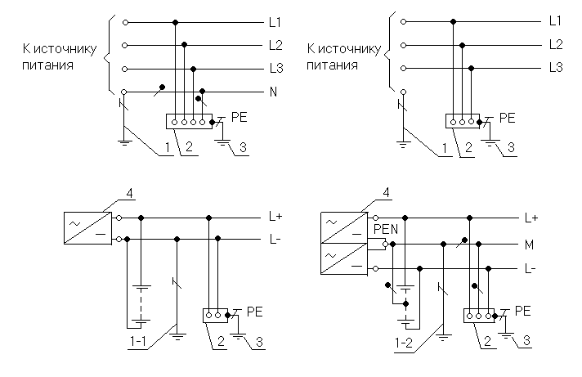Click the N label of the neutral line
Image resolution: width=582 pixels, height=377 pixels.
(x=273, y=92)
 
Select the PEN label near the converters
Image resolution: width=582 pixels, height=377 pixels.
(x=385, y=231)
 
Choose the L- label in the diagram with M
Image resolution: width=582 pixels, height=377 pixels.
(x=531, y=268)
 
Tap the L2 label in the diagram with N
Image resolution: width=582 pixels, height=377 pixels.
(x=275, y=43)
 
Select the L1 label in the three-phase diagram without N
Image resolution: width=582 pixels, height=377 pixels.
(x=556, y=20)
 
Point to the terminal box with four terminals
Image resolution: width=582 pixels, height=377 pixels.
(x=189, y=121)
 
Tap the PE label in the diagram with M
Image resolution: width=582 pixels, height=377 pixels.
(x=524, y=311)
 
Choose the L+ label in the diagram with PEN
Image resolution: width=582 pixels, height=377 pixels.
(x=531, y=218)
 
